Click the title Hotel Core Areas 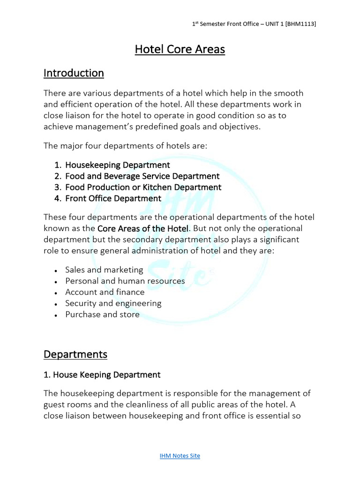point(180,49)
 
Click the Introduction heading point(74,73)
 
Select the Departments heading point(75,354)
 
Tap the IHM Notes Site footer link point(180,456)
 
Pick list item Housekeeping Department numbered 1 point(117,165)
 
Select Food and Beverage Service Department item point(142,176)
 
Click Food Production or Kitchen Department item point(143,187)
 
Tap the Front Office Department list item point(113,198)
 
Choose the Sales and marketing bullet point(104,270)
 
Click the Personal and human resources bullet point(125,281)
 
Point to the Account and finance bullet point(105,292)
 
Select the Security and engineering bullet point(113,303)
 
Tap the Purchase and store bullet point(102,315)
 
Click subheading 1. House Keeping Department point(102,375)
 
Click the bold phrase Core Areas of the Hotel point(143,228)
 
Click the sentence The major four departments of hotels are point(125,146)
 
